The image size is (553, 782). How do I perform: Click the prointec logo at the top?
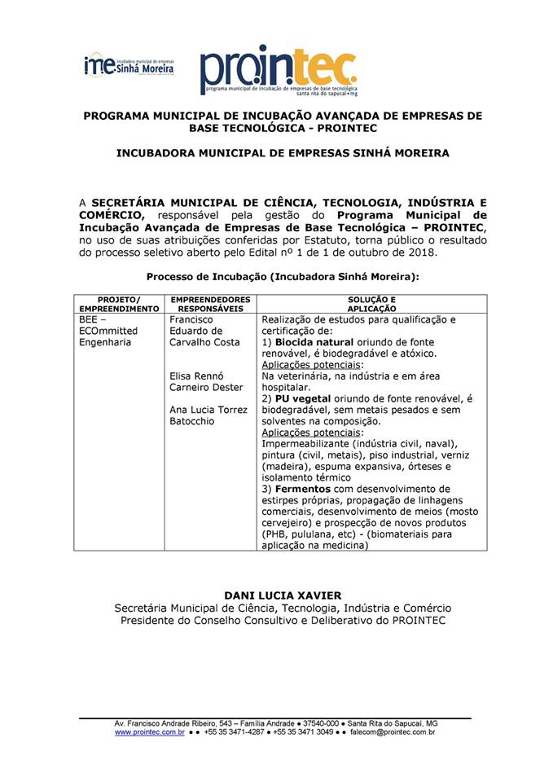click(x=278, y=68)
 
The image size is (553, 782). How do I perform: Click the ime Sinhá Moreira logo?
click(x=129, y=65)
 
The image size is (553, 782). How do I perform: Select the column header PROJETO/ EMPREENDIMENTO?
click(x=119, y=305)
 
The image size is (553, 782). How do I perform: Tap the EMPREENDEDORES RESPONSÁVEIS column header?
click(x=210, y=305)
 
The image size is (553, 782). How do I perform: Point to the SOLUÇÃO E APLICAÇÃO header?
click(x=371, y=305)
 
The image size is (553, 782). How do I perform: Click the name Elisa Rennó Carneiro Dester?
click(x=206, y=381)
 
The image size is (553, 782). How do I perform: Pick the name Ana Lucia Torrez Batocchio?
click(x=208, y=415)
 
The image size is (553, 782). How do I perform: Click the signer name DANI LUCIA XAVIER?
click(x=282, y=595)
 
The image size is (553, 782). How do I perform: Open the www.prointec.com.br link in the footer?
click(x=149, y=732)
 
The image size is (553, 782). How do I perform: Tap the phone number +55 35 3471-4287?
click(x=236, y=732)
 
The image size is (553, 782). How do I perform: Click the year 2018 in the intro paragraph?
click(x=420, y=253)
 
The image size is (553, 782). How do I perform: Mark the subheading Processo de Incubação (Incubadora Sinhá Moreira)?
click(x=282, y=277)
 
